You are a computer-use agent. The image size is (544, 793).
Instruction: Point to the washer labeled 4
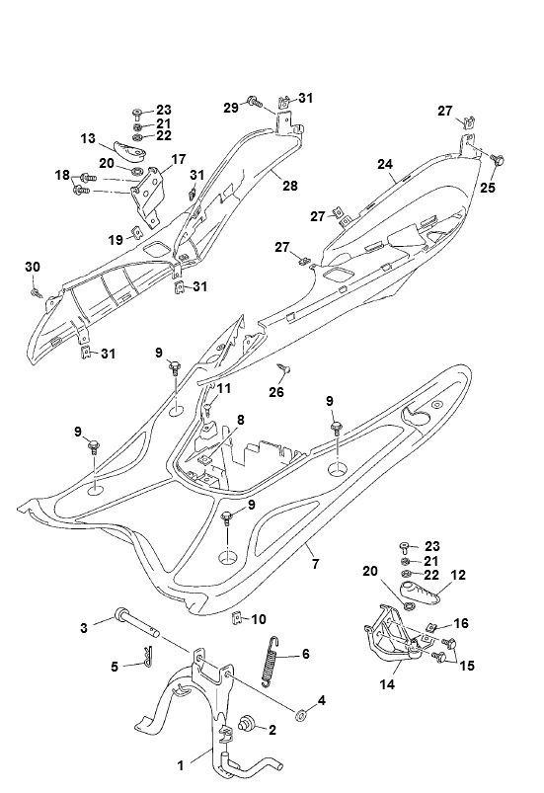(300, 712)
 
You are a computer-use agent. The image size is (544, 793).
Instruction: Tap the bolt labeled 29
(254, 101)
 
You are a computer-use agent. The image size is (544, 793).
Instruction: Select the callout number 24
(385, 163)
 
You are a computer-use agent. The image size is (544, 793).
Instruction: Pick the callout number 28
(289, 186)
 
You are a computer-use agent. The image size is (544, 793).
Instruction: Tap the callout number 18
(62, 176)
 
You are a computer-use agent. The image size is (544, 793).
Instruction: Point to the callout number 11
(225, 389)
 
